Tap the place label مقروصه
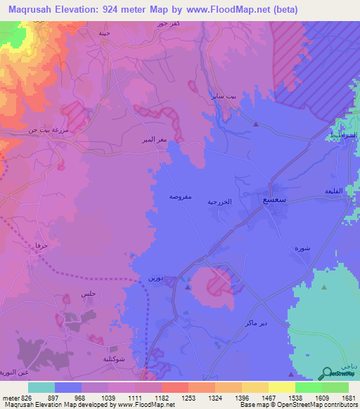coord(181,197)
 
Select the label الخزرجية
coord(219,202)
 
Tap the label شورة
coord(302,249)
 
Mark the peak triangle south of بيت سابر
coord(256,124)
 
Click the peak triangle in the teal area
coord(323,287)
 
